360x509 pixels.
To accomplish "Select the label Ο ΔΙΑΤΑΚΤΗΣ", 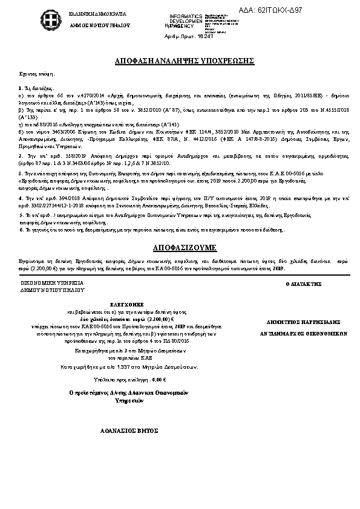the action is (x=303, y=284).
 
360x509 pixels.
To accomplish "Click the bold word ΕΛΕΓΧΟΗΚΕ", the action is (x=125, y=305).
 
